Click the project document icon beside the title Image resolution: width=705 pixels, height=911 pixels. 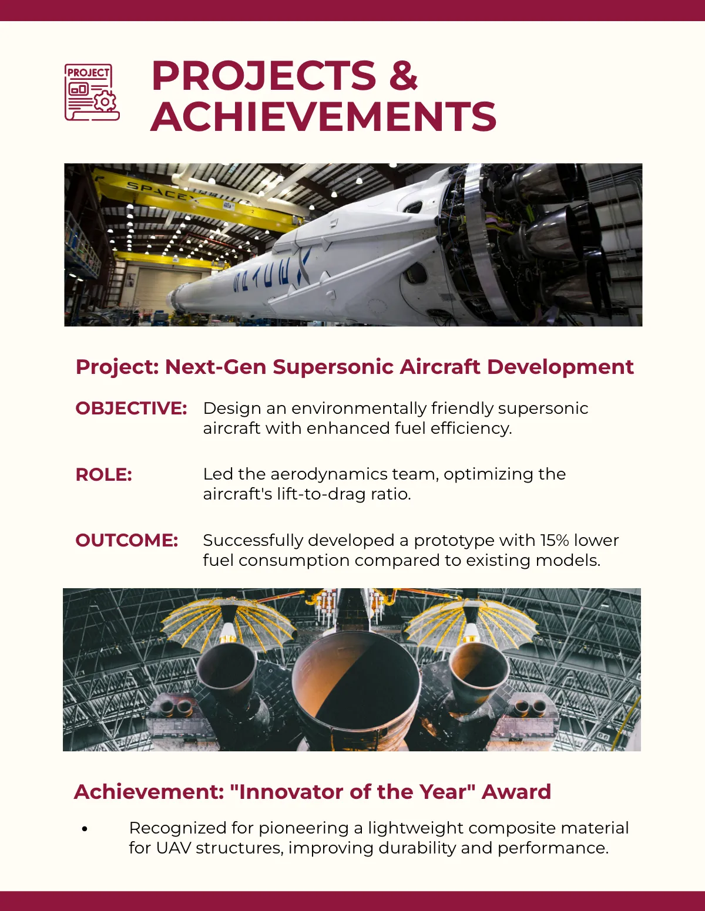click(92, 92)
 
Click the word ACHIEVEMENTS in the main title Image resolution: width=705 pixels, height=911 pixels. click(323, 116)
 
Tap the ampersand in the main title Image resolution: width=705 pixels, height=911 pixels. click(403, 76)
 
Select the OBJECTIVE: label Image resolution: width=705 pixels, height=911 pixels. click(131, 409)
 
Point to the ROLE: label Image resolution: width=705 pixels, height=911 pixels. click(103, 474)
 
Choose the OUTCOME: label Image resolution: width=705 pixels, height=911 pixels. click(127, 541)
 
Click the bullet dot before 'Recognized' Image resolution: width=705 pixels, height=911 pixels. click(85, 828)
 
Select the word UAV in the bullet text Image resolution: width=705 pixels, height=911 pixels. click(173, 848)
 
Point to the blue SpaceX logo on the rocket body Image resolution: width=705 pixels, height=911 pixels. click(272, 272)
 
